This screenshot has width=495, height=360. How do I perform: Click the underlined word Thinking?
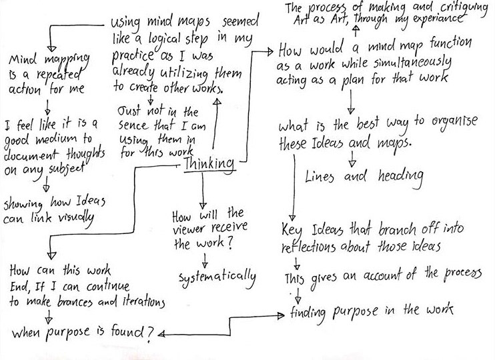209,164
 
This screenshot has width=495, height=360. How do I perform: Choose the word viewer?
189,229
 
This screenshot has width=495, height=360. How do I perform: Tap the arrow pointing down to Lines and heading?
352,161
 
